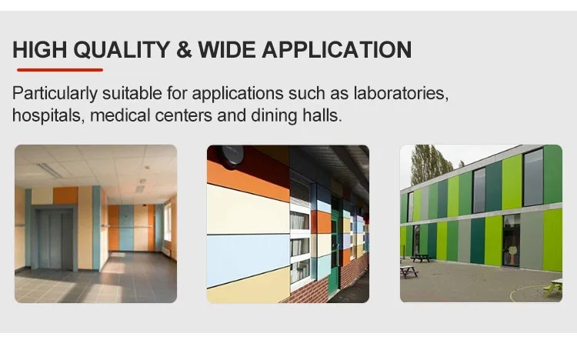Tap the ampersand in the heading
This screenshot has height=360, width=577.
coord(183,50)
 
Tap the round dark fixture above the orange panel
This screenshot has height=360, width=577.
coord(232,155)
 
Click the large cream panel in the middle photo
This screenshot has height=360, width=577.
coord(246,208)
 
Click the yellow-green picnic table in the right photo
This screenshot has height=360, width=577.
coord(552,288)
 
